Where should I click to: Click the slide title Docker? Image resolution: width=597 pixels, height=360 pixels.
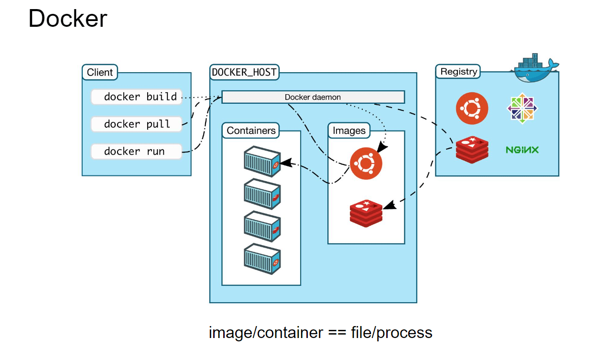point(68,19)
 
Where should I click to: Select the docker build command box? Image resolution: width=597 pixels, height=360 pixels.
point(136,97)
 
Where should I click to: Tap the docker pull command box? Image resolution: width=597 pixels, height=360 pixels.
point(136,124)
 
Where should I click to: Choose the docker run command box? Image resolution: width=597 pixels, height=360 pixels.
point(136,152)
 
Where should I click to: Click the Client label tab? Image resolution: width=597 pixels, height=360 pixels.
point(99,73)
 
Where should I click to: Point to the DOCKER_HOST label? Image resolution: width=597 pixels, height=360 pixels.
point(244,72)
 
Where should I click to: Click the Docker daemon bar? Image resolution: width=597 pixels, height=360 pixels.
point(313,97)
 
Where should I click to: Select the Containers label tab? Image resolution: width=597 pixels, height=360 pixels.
point(251,131)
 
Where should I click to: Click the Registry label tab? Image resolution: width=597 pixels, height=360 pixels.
point(458,72)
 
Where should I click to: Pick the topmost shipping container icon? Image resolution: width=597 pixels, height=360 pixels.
point(261,162)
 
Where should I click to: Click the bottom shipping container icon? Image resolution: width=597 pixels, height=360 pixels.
point(261,258)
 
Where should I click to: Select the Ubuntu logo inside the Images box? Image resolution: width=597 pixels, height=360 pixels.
point(366,163)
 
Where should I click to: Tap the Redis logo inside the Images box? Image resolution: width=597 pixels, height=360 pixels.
point(366,213)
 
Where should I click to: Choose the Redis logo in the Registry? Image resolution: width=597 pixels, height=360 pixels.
point(472,149)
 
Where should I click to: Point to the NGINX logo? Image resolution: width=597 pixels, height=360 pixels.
point(522,150)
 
